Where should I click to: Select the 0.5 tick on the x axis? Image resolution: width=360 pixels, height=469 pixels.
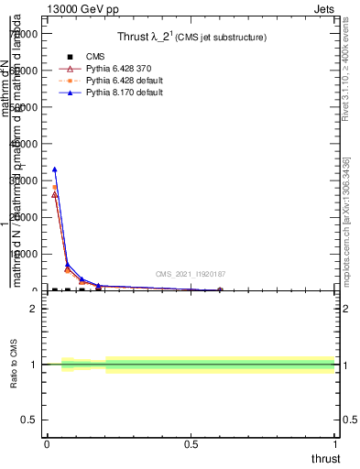coord(191,445)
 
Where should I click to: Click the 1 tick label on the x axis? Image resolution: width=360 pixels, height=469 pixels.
coord(335,445)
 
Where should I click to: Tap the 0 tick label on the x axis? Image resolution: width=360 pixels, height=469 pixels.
coord(47,445)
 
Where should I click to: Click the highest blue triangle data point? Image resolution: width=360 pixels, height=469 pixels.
coord(55,169)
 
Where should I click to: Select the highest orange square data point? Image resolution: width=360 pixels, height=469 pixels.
coord(55,187)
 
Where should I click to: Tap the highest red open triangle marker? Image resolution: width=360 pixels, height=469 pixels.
coord(55,194)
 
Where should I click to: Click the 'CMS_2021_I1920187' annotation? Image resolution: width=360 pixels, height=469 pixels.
coord(191,274)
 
